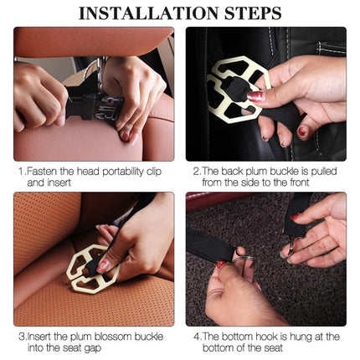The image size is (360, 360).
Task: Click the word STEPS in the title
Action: pyautogui.click(x=254, y=13)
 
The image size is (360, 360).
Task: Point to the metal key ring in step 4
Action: pyautogui.click(x=242, y=260)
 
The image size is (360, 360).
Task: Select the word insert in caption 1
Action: pyautogui.click(x=59, y=183)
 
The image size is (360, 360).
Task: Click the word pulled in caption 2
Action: pyautogui.click(x=324, y=172)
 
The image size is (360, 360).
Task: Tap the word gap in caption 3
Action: pyautogui.click(x=94, y=349)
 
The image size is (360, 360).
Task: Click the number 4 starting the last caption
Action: pyautogui.click(x=197, y=337)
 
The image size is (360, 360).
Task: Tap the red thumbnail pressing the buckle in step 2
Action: pyautogui.click(x=255, y=96)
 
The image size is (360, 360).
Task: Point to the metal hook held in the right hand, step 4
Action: pyautogui.click(x=291, y=245)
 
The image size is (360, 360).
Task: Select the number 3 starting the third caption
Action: pyautogui.click(x=22, y=337)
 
